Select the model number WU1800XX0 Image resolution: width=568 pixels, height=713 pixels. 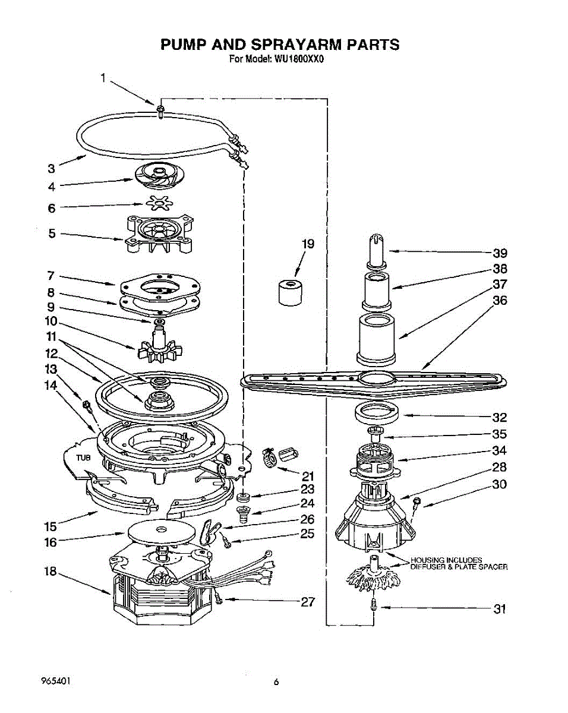(x=298, y=59)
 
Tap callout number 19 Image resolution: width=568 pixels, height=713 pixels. (x=308, y=244)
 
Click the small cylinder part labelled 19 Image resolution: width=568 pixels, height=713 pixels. (x=291, y=292)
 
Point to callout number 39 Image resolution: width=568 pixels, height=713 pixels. (x=500, y=254)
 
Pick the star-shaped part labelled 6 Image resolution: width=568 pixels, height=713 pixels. (x=160, y=203)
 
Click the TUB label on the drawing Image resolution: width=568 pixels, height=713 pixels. (x=83, y=458)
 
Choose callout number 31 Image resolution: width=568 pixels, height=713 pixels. (x=500, y=609)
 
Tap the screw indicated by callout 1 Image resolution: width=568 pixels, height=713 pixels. (x=161, y=111)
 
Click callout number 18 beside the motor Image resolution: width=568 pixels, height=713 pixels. (x=51, y=572)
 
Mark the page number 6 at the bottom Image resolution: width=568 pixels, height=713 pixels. (x=276, y=682)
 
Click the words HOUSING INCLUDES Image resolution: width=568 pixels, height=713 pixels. (x=446, y=560)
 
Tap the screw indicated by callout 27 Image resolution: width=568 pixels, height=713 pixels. (x=217, y=597)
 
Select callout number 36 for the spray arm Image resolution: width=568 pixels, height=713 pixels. (x=500, y=301)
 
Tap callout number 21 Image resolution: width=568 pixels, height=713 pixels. (x=308, y=477)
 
